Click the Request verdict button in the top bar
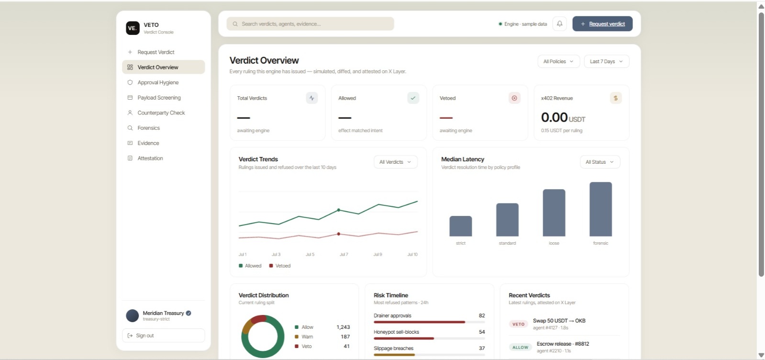602,24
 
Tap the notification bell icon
559,24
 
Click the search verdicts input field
310,24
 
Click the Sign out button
163,336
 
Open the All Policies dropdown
558,62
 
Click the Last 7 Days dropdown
607,62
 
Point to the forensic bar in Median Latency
601,209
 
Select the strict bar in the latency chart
461,226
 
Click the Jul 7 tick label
344,254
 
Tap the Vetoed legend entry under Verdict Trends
280,266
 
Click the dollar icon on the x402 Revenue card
616,98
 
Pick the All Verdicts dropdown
396,162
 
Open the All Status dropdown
600,162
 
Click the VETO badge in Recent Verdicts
519,324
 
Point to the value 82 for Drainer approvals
482,315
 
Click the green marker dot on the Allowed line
338,210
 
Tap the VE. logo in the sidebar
133,28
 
